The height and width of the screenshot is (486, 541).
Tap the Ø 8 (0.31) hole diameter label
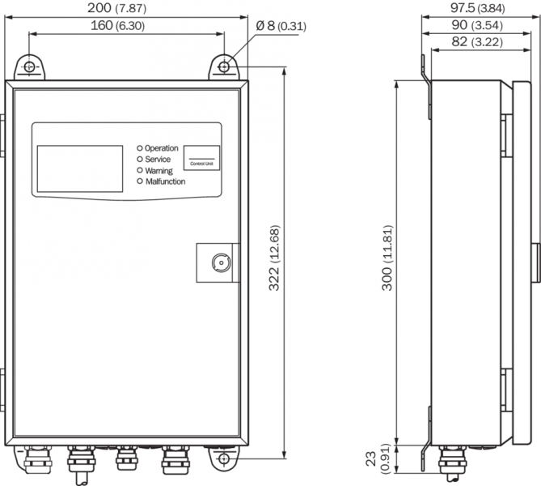pos(281,26)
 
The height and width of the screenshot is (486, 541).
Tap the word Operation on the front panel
pos(162,148)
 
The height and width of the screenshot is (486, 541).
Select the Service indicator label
pos(158,160)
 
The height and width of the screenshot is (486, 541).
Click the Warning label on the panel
pos(159,171)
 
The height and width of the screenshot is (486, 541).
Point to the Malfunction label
pos(165,182)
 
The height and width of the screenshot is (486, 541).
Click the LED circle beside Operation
pos(139,148)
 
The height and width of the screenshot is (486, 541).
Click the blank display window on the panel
pos(78,166)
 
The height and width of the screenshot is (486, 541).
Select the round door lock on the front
pos(218,262)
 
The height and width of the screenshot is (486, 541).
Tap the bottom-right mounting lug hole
pos(224,459)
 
